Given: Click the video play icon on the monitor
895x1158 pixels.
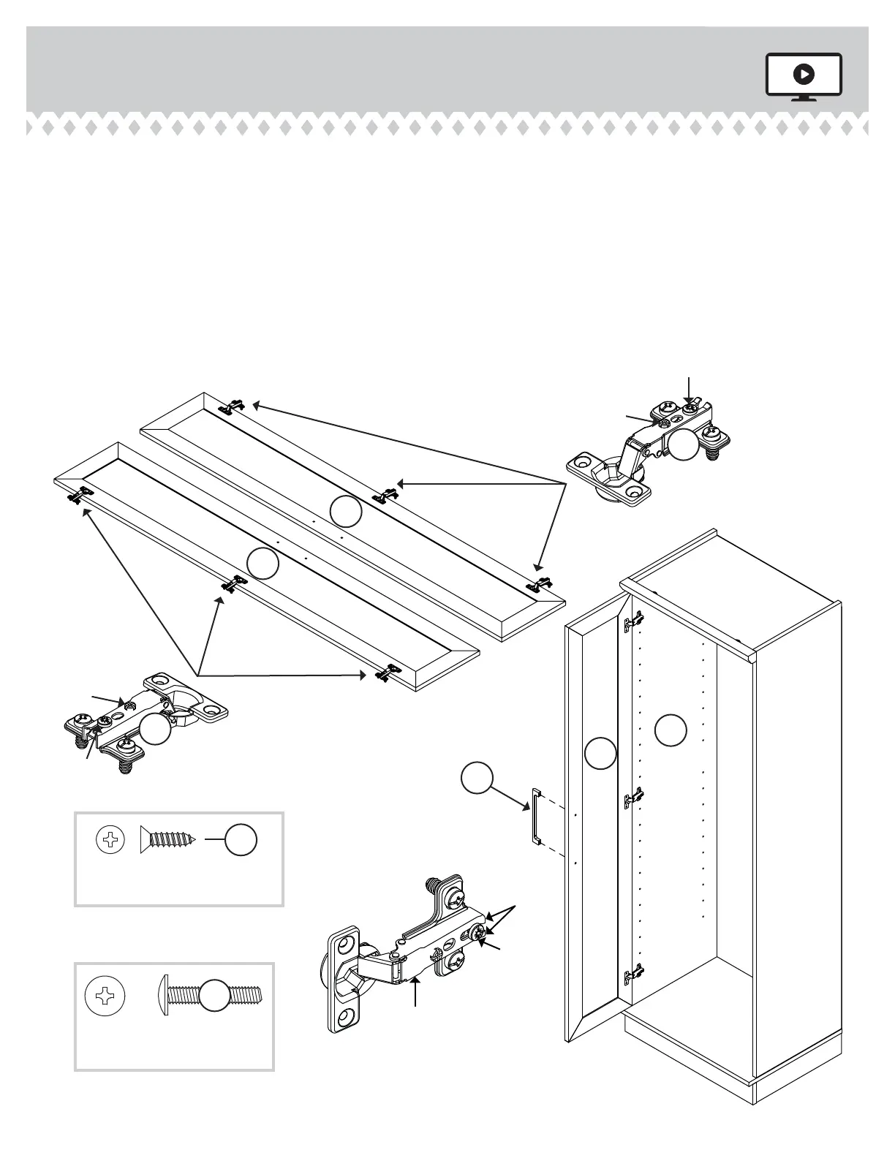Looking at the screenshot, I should pyautogui.click(x=804, y=74).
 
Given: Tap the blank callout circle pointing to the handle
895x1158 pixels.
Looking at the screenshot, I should pyautogui.click(x=477, y=779).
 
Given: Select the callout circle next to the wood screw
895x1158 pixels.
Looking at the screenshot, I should pyautogui.click(x=241, y=841).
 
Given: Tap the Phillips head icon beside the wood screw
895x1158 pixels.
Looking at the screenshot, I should pyautogui.click(x=111, y=841).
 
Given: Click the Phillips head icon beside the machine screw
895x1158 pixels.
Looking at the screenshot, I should pyautogui.click(x=105, y=995).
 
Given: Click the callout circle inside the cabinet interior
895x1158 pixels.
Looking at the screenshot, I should pyautogui.click(x=670, y=731).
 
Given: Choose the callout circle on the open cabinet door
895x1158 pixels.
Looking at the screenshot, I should pyautogui.click(x=601, y=753).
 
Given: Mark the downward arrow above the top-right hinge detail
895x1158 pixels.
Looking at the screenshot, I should pyautogui.click(x=688, y=387).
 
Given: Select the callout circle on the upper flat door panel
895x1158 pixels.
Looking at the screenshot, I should pyautogui.click(x=345, y=511).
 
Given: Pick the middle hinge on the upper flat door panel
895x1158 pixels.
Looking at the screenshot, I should pyautogui.click(x=384, y=495).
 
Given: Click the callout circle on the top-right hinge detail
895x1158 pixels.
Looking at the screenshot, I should pyautogui.click(x=685, y=444).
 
